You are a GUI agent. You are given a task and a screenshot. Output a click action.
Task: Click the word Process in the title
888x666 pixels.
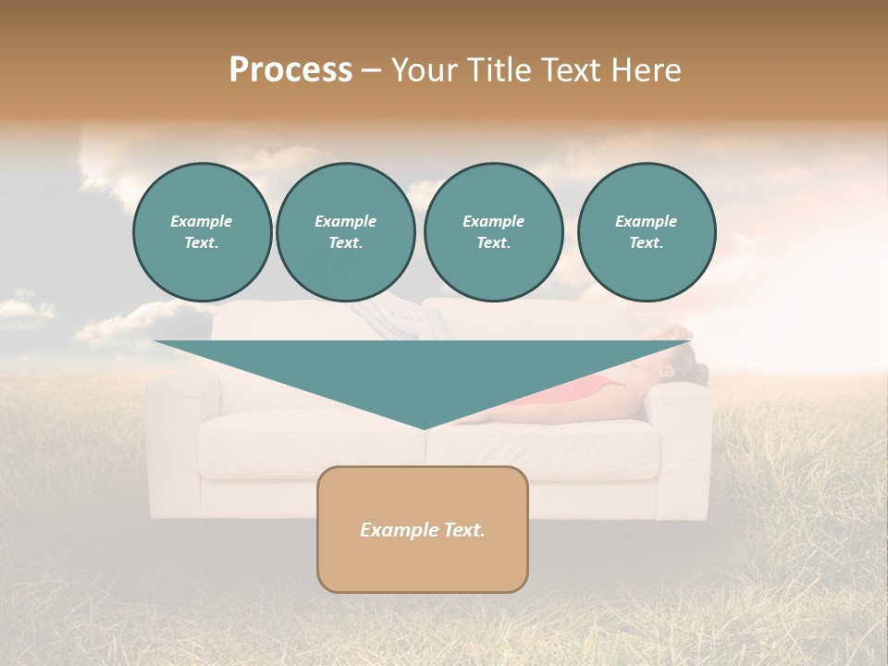(x=290, y=70)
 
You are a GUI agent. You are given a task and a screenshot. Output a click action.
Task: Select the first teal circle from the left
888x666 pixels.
(x=202, y=232)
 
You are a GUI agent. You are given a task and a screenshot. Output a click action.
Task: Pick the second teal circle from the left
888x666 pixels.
(x=345, y=232)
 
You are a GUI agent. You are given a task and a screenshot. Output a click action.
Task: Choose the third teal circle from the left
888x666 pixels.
(x=493, y=232)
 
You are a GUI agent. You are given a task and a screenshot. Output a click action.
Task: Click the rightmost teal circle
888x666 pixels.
(x=646, y=232)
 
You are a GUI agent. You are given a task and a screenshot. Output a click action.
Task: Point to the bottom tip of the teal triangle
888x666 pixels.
(x=424, y=427)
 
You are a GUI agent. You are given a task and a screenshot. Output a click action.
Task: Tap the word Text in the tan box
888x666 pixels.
(x=462, y=530)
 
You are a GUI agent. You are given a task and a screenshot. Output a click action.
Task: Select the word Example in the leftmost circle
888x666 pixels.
(x=202, y=221)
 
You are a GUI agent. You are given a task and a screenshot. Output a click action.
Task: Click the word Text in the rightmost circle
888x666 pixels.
(x=646, y=243)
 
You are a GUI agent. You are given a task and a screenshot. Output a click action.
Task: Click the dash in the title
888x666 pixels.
(x=371, y=70)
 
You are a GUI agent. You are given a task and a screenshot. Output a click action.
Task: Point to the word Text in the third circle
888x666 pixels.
(x=493, y=243)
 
